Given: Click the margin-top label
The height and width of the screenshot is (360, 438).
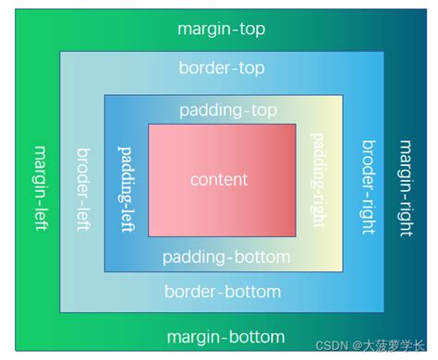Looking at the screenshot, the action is click(221, 30).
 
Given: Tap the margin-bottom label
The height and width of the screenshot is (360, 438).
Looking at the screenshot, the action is click(225, 337).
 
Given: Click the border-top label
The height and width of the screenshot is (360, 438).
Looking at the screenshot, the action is click(222, 68).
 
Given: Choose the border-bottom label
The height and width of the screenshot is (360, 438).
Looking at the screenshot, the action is click(222, 293).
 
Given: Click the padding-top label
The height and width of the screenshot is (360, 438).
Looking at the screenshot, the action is click(228, 111).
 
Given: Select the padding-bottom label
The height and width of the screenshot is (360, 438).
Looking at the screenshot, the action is click(225, 257).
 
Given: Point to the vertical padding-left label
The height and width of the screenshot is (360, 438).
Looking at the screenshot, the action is click(127, 187).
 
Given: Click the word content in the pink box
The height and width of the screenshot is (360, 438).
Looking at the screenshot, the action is click(219, 179).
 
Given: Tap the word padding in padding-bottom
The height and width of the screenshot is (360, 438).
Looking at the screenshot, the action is click(193, 257).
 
